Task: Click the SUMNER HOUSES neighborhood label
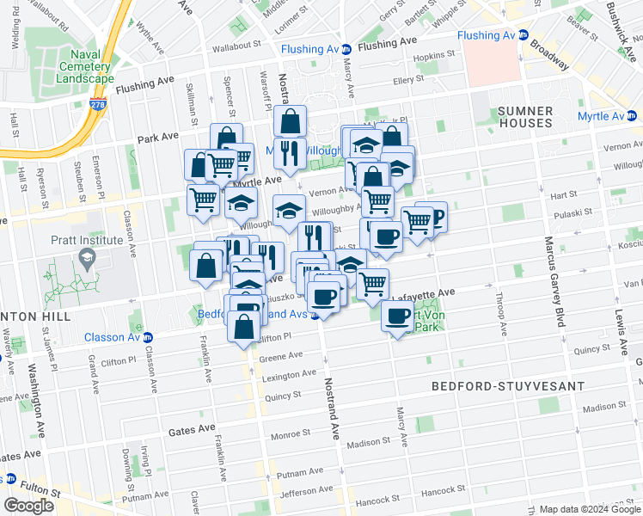click(524, 117)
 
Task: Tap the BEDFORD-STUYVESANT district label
click(501, 388)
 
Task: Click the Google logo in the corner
click(28, 505)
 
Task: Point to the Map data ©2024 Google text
click(590, 509)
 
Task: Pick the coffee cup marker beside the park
click(396, 316)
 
